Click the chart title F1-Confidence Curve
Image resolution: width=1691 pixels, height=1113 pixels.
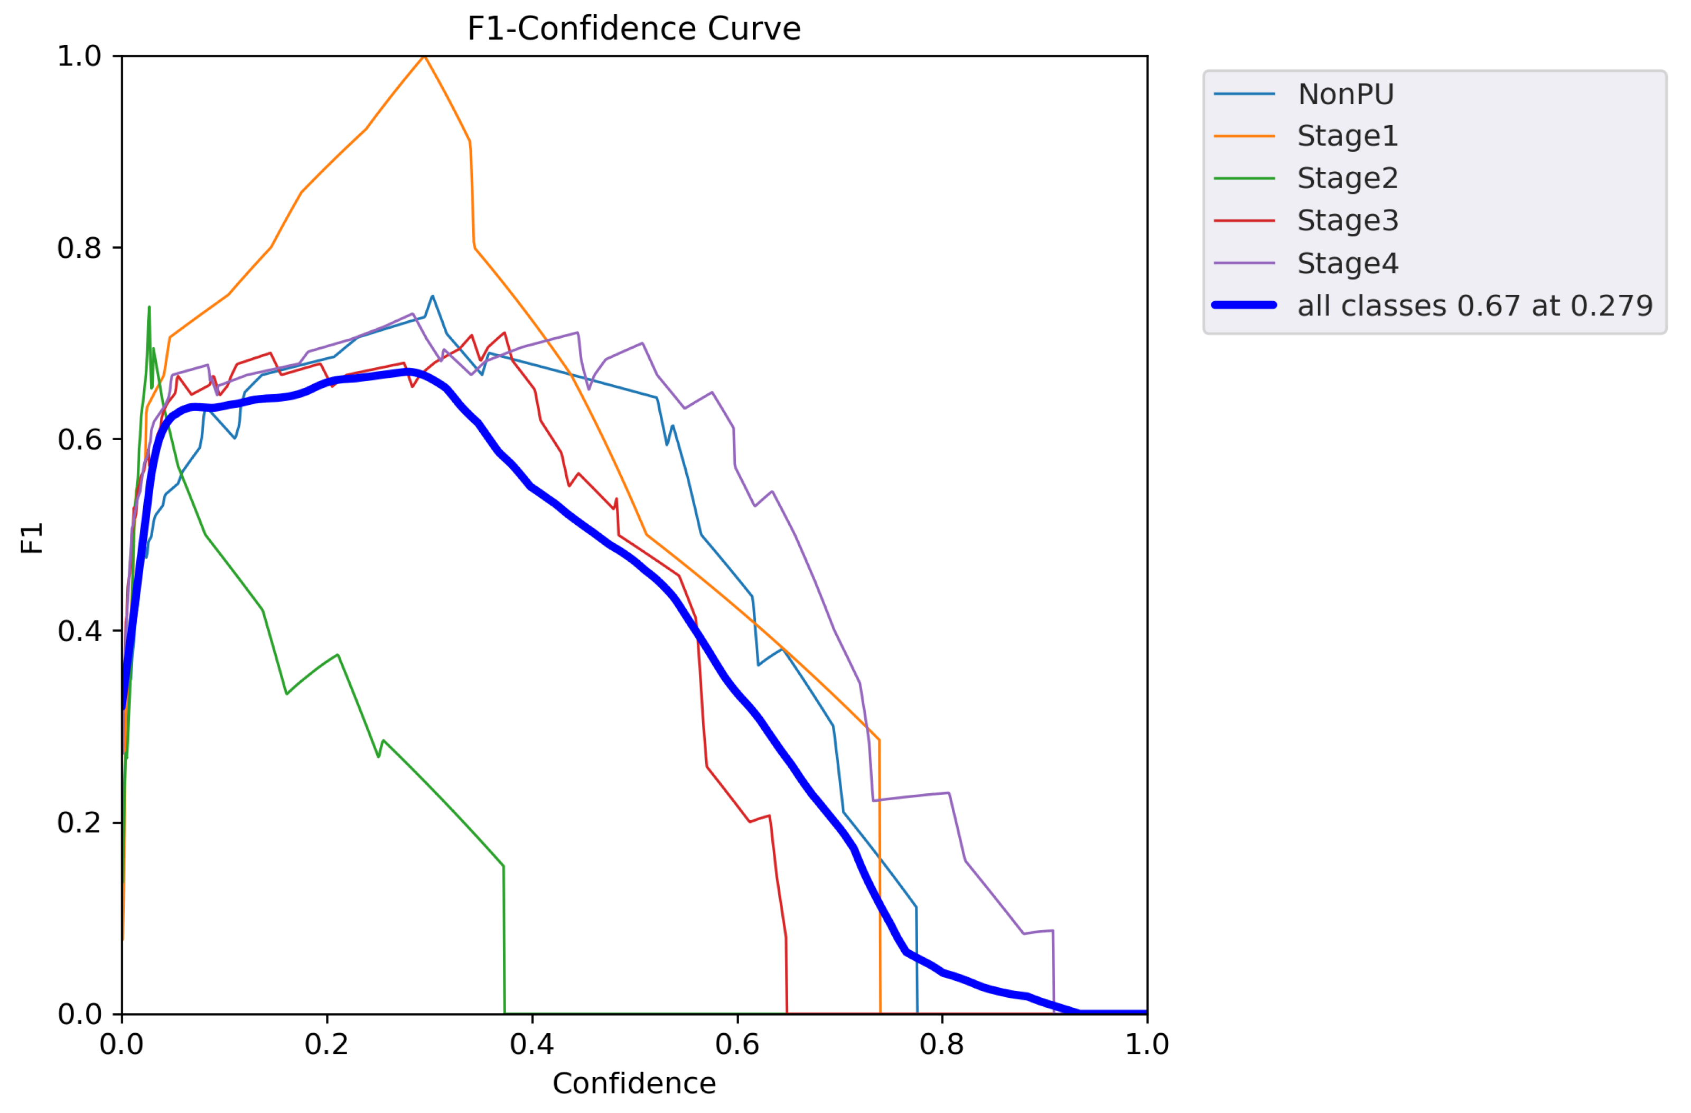coord(634,29)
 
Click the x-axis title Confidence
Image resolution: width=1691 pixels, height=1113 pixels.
coord(634,1083)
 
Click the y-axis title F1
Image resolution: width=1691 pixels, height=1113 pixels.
coord(32,537)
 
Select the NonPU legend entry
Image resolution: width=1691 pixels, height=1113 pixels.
coord(1345,94)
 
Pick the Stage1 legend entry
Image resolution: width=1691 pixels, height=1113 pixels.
coord(1347,136)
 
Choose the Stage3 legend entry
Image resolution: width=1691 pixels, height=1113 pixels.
coord(1347,220)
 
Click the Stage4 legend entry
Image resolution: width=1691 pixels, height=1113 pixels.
coord(1347,263)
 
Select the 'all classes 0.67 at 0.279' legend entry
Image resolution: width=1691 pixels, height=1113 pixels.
coord(1474,305)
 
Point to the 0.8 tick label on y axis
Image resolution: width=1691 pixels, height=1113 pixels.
coord(80,248)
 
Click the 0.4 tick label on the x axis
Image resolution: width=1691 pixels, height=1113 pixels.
coord(532,1044)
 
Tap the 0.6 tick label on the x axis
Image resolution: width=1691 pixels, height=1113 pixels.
coord(737,1044)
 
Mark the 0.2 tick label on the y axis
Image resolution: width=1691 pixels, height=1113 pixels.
coord(80,822)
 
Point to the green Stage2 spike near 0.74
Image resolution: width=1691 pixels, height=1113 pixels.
coord(149,307)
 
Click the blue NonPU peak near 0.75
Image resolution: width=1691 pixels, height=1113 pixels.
coord(432,296)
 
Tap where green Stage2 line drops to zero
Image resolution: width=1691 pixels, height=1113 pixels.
coord(505,1012)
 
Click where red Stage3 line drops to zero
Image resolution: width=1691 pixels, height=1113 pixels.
coord(787,1012)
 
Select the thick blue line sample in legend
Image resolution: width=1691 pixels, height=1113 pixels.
coord(1244,305)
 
